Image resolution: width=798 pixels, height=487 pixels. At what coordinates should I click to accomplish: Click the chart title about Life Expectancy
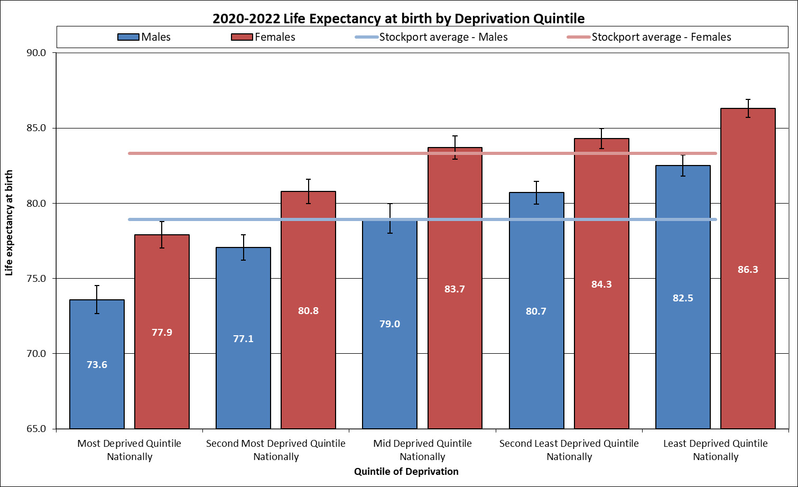398,19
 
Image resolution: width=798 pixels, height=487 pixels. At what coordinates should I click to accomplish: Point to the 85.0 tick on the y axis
36,128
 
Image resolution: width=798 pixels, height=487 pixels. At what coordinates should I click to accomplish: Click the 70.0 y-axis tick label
36,354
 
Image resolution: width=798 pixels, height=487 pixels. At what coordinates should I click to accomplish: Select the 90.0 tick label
36,53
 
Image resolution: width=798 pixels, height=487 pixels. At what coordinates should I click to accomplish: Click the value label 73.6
97,365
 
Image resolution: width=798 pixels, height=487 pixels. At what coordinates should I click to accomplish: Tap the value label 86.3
748,270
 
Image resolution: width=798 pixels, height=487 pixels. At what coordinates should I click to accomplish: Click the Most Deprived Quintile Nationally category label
129,450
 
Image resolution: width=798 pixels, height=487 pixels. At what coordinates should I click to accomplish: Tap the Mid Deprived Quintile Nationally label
422,450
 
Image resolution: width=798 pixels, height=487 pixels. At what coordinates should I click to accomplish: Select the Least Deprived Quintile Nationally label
716,450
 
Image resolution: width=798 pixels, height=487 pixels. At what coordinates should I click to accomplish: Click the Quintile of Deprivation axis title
406,472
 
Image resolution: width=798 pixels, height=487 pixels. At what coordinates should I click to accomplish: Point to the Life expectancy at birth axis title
9,223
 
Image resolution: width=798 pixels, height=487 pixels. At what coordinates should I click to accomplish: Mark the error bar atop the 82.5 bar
683,166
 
